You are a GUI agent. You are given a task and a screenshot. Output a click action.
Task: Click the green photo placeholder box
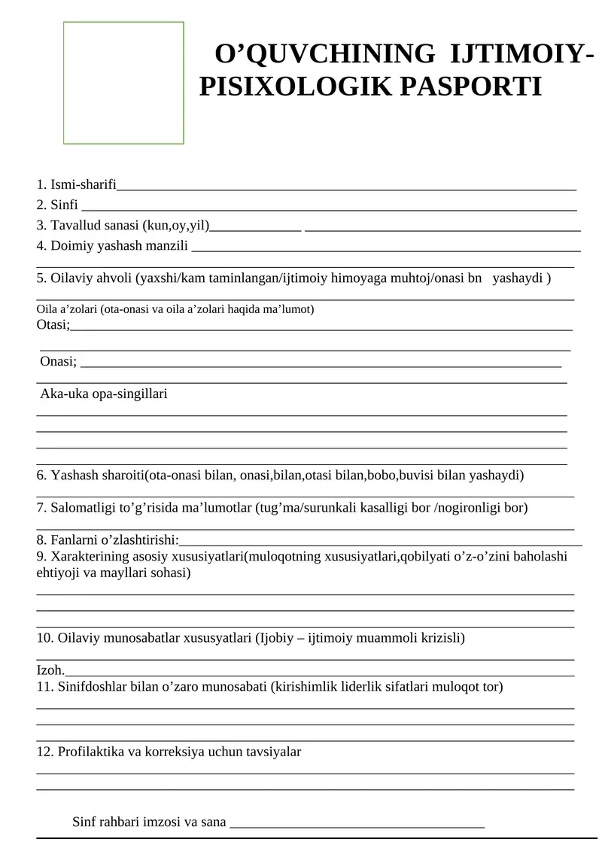coord(123,83)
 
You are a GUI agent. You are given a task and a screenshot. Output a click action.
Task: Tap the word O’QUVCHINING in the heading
coord(325,54)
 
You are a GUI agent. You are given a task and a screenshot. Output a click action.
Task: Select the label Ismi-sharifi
coord(83,184)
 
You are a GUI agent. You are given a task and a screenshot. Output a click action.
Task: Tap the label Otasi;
coord(53,324)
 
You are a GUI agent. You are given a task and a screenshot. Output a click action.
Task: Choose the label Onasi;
coord(59,361)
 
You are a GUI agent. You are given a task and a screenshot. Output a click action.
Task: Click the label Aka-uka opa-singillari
coord(104,394)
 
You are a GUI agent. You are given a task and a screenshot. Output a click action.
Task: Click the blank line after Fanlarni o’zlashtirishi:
coord(381,540)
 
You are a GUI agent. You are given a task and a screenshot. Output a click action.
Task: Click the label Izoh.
coord(50,670)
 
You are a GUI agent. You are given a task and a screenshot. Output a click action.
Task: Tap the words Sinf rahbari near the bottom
coord(99,822)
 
